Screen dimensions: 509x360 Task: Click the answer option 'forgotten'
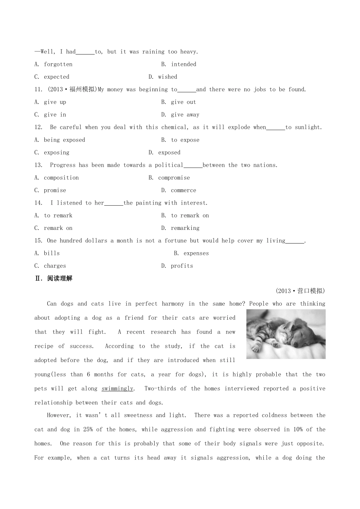[x=58, y=64]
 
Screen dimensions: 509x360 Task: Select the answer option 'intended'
[x=183, y=64]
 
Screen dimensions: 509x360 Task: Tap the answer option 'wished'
[x=167, y=77]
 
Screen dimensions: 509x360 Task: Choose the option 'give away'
[x=185, y=115]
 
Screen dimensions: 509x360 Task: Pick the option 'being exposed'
[x=64, y=140]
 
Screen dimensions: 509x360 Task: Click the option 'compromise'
[x=174, y=178]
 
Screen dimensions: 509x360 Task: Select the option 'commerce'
[x=183, y=190]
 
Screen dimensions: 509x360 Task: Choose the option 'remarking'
[x=185, y=228]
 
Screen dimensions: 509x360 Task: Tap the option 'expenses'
[x=196, y=253]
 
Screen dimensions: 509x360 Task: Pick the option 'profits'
[x=182, y=266]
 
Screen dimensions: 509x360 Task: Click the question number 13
[x=38, y=165]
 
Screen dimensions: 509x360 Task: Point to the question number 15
[x=38, y=241]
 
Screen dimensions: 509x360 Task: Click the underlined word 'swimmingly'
[x=117, y=389]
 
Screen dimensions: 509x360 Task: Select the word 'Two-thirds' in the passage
[x=161, y=389]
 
